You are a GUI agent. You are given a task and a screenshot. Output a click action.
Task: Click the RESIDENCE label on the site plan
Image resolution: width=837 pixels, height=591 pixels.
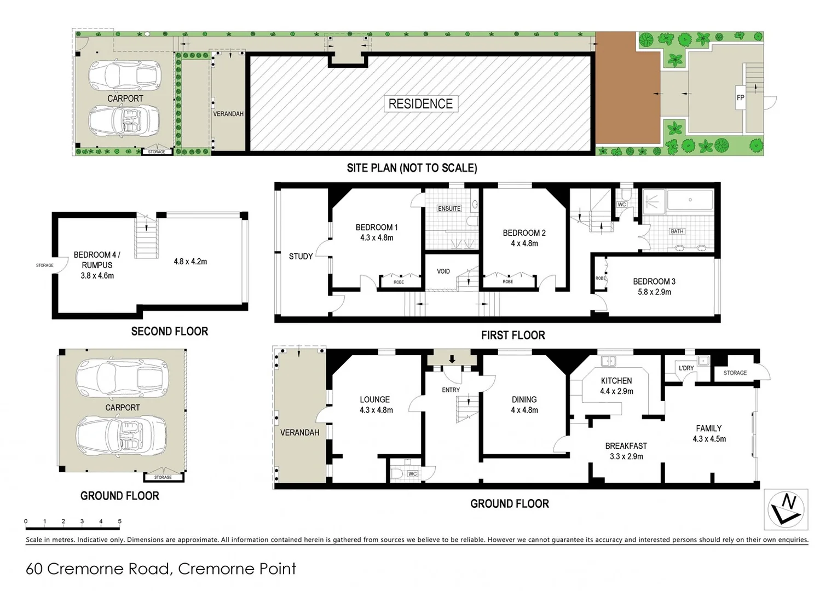[420, 104]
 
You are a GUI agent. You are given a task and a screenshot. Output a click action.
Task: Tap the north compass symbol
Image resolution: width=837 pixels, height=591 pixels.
[786, 509]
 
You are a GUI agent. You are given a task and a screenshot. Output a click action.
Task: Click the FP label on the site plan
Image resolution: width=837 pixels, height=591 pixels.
[740, 98]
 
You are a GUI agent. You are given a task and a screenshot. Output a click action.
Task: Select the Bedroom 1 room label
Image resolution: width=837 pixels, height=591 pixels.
[377, 227]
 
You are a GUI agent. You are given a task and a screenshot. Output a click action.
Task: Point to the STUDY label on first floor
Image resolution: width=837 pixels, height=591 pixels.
[301, 256]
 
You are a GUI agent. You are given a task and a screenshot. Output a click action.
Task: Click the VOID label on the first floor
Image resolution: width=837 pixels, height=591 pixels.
[443, 271]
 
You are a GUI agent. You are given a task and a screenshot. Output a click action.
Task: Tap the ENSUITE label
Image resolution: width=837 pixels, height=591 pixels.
[449, 208]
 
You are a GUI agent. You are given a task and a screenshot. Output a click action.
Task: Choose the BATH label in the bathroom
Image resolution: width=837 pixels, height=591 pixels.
[677, 231]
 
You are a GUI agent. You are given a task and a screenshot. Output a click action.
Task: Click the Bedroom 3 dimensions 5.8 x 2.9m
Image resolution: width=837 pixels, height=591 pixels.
[654, 292]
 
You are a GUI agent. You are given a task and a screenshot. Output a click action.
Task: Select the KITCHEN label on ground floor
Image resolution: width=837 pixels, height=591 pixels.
[616, 381]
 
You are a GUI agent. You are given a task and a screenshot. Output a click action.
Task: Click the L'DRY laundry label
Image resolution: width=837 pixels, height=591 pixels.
[686, 368]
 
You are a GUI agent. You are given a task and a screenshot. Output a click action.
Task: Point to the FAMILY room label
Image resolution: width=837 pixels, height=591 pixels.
[709, 428]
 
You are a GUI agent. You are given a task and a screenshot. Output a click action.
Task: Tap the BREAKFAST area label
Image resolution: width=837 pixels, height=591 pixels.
[626, 446]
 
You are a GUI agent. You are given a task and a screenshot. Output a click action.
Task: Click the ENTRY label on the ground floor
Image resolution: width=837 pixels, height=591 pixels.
[451, 390]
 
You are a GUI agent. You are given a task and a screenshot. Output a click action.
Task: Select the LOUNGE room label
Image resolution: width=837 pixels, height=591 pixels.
[375, 399]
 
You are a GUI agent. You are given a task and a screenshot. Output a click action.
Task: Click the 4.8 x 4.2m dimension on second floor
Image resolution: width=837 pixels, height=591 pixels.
[191, 262]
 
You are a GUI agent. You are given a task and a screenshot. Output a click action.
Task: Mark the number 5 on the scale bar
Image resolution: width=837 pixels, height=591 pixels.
[119, 522]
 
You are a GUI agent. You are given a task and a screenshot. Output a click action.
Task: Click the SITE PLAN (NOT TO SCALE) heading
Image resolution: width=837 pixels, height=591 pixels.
[412, 168]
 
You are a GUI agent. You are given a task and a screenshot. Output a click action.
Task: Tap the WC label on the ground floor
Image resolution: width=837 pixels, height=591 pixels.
[413, 473]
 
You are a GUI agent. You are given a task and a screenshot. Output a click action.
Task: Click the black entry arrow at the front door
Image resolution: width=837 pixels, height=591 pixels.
[452, 360]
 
